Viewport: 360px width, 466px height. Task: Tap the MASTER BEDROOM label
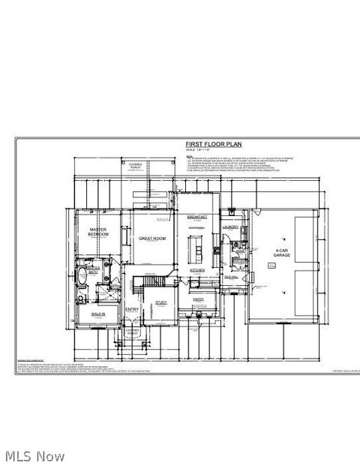[x=98, y=232]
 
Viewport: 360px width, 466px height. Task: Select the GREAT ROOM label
[x=152, y=238]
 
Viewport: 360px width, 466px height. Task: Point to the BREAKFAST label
[x=196, y=216]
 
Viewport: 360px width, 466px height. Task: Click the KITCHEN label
[x=197, y=269]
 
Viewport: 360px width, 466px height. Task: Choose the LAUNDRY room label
[x=230, y=227]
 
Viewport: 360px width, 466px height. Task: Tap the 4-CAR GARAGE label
[x=282, y=252]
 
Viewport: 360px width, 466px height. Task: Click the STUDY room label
[x=160, y=302]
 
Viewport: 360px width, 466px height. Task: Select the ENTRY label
[x=132, y=310]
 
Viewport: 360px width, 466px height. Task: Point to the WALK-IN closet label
[x=97, y=314]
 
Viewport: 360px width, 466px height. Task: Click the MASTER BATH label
[x=93, y=269]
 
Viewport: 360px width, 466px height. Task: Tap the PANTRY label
[x=198, y=299]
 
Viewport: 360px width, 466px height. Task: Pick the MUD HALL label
[x=231, y=277]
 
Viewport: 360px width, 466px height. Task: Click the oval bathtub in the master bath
[x=82, y=281]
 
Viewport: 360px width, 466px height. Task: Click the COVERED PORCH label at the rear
[x=135, y=166]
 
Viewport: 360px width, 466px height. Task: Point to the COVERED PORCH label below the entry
[x=133, y=331]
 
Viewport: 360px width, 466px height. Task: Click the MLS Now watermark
[x=34, y=455]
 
